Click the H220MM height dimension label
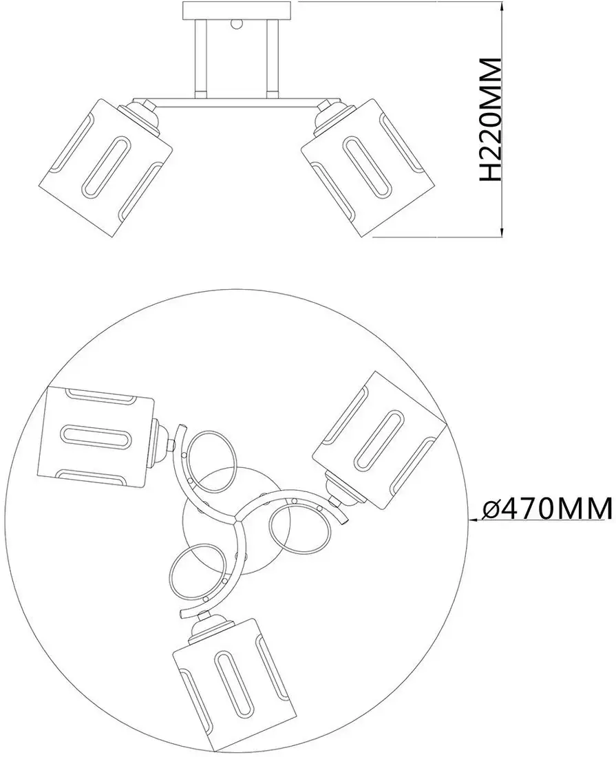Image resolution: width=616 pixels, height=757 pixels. coord(491,120)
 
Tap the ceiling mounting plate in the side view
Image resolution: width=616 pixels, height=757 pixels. coord(237,10)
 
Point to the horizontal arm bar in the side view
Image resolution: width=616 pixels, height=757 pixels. coord(237,105)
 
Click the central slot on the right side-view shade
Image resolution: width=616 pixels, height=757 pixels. coord(368,165)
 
